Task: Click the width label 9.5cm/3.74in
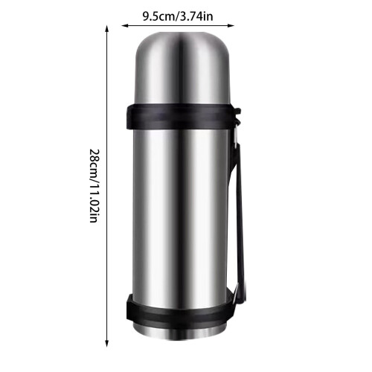tap(178, 16)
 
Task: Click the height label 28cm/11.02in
tap(94, 186)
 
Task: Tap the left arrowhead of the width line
tap(124, 25)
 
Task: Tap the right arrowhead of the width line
tap(231, 25)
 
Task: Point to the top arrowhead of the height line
tap(107, 28)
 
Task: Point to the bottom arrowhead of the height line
tap(107, 343)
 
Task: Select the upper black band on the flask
tap(181, 117)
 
